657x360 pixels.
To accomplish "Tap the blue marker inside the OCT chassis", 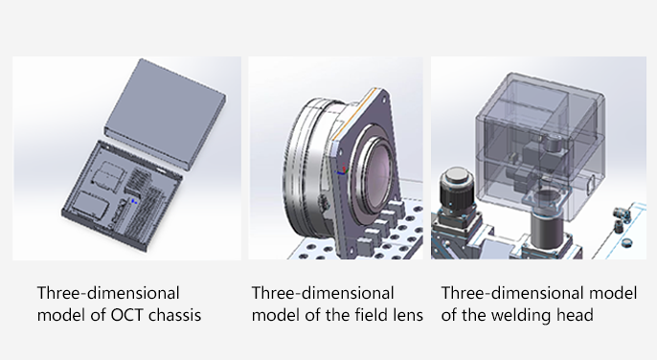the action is (134, 201).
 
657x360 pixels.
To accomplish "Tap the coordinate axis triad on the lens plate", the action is (342, 169).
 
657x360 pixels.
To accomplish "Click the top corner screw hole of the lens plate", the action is (383, 98).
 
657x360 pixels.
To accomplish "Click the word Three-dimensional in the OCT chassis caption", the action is (108, 293).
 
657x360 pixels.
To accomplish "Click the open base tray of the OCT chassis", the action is (122, 196).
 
